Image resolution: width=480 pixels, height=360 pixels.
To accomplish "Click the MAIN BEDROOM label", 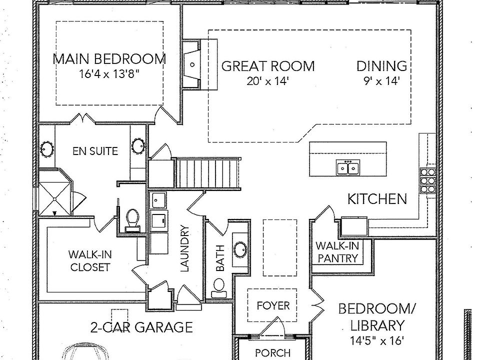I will click(x=109, y=59).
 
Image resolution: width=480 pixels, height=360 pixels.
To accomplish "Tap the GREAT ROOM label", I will click(x=268, y=66).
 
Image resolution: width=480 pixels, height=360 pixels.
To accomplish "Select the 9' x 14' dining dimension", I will click(x=381, y=81).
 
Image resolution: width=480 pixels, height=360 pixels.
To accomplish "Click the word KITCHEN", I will click(x=377, y=199).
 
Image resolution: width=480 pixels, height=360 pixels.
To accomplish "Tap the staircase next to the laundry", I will click(x=208, y=173).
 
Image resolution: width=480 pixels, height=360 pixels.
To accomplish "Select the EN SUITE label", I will click(x=95, y=150).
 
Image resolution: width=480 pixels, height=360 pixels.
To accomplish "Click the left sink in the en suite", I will click(x=47, y=148).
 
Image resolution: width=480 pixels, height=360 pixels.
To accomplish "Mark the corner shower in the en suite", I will click(x=53, y=192).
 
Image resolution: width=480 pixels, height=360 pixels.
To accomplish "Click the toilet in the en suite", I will click(x=132, y=219).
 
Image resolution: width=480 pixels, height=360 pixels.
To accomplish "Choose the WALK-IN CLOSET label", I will click(x=90, y=260).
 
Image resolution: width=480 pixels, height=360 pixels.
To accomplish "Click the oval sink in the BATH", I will click(x=240, y=249).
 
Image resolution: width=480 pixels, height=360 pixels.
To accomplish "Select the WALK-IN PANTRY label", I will click(x=336, y=252).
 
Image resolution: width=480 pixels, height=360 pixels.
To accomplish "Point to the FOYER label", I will click(x=273, y=305).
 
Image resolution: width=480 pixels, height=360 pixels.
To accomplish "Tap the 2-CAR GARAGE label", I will click(x=141, y=327).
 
